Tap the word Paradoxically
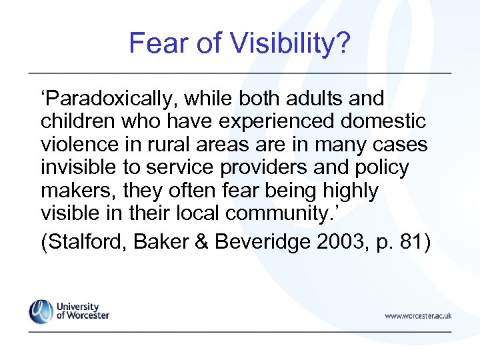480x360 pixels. click(x=105, y=99)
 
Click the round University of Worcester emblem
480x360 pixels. click(x=40, y=312)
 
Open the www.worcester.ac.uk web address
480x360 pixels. click(x=418, y=315)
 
